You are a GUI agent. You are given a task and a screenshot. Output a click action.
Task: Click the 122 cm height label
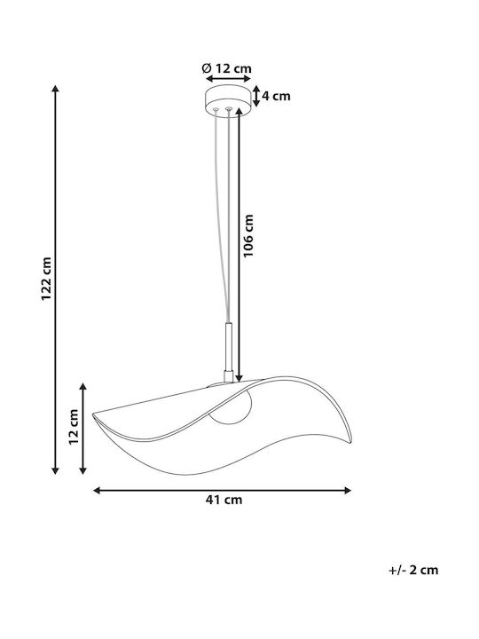coord(46,279)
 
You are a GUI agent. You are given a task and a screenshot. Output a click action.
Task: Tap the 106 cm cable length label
coord(248,235)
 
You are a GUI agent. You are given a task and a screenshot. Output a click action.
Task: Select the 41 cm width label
coord(224,500)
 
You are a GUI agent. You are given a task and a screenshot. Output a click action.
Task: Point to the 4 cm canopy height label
coord(276,96)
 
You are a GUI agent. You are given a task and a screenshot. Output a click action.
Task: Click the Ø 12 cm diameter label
coord(226,68)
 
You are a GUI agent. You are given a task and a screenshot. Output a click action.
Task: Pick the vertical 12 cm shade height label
coord(74,427)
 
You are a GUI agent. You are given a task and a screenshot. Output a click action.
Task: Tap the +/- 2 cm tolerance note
coord(413,570)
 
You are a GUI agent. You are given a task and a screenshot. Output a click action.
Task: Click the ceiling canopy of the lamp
coord(228,100)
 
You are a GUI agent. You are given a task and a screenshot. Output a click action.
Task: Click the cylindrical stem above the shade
coord(229,352)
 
